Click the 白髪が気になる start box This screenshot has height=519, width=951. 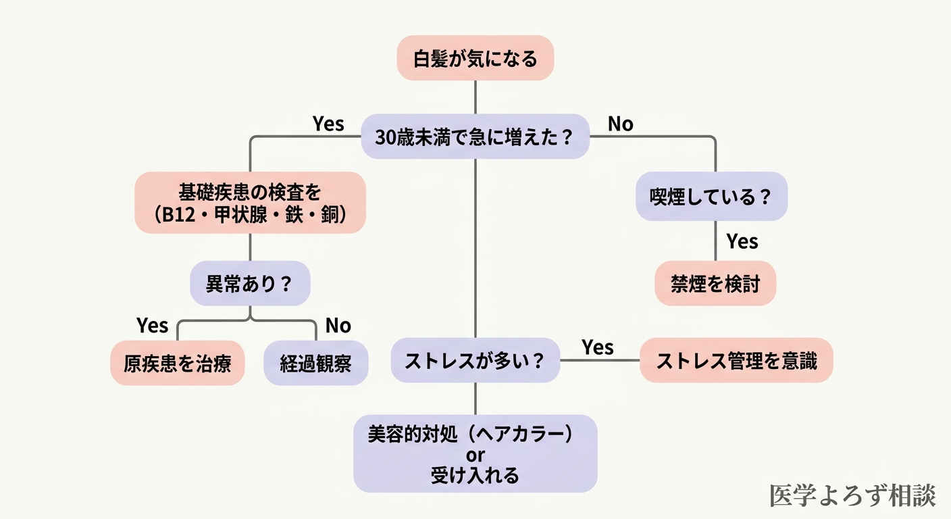click(475, 58)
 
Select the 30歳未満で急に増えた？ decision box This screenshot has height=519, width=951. click(475, 137)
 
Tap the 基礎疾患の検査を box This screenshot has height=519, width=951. click(250, 203)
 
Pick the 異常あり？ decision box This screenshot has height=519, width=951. click(250, 283)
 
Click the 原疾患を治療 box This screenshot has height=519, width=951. click(178, 363)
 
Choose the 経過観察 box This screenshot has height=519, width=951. click(316, 363)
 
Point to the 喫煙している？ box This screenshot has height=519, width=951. click(712, 197)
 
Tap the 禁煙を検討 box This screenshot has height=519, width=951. click(715, 283)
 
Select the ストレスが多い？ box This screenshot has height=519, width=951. click(475, 360)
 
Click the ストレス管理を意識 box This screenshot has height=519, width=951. click(736, 360)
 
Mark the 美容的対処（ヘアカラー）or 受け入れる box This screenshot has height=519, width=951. click(475, 453)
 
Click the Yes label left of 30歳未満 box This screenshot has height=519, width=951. click(328, 124)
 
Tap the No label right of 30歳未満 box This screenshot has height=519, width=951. click(620, 124)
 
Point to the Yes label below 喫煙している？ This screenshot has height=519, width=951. click(742, 241)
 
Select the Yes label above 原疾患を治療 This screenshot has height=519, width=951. click(152, 325)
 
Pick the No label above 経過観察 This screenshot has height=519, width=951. click(338, 326)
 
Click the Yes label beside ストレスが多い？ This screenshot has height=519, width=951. click(598, 347)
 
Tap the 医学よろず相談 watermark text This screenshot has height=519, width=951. click(852, 495)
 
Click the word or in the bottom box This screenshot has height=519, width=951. click(475, 454)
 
